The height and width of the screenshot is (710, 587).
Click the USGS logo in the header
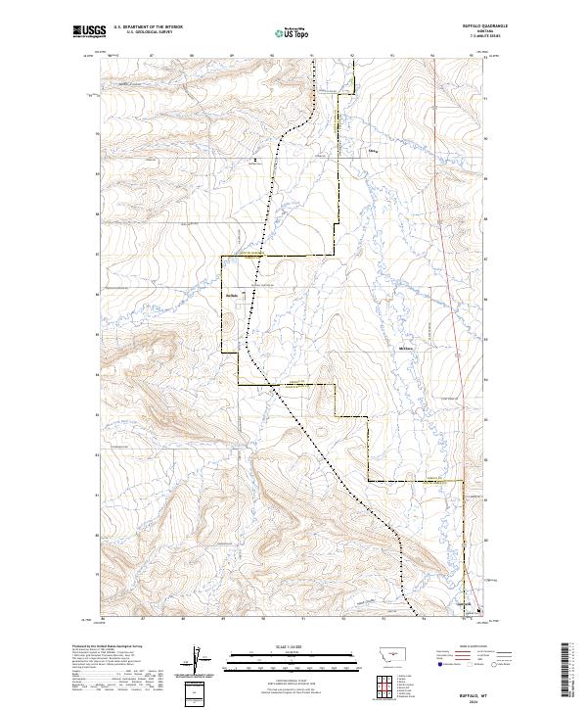coord(89,32)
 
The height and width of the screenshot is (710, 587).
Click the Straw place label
coord(372,152)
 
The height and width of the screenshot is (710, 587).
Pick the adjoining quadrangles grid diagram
coord(381,686)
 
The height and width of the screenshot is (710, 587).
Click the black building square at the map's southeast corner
coord(478,611)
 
